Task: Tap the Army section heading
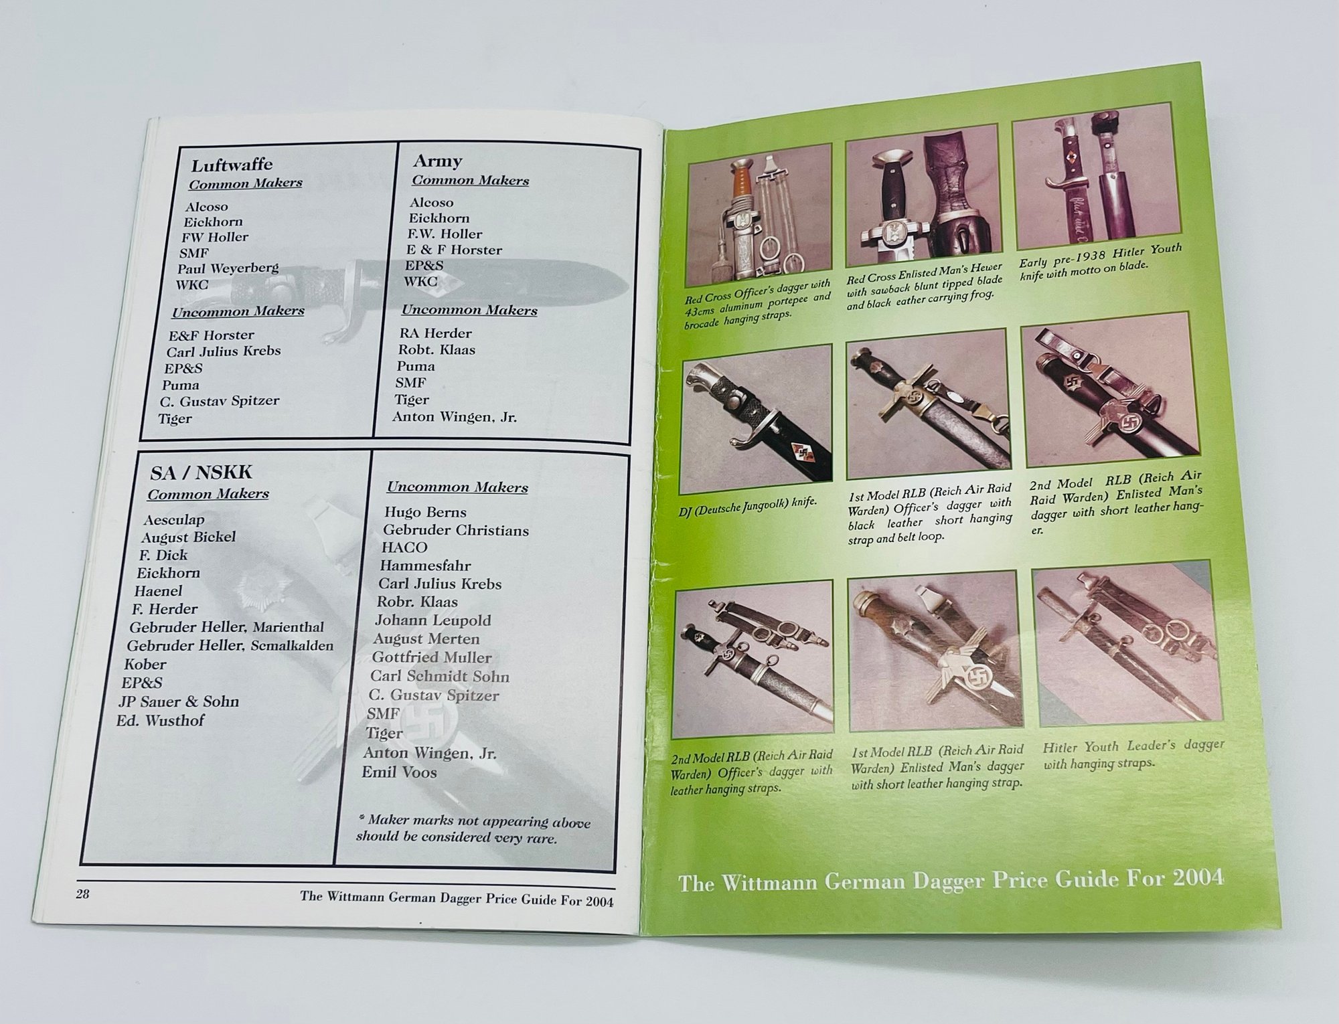(437, 161)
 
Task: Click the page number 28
(82, 893)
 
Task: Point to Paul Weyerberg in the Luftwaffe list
(228, 268)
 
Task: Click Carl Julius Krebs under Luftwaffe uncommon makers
(224, 351)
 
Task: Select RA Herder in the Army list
(435, 333)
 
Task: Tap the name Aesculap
(173, 519)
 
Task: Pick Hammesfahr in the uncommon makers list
(425, 566)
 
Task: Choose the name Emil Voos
(399, 772)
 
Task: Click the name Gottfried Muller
(432, 657)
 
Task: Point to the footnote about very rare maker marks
(473, 829)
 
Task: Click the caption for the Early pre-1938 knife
(1101, 261)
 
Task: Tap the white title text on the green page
(951, 879)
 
